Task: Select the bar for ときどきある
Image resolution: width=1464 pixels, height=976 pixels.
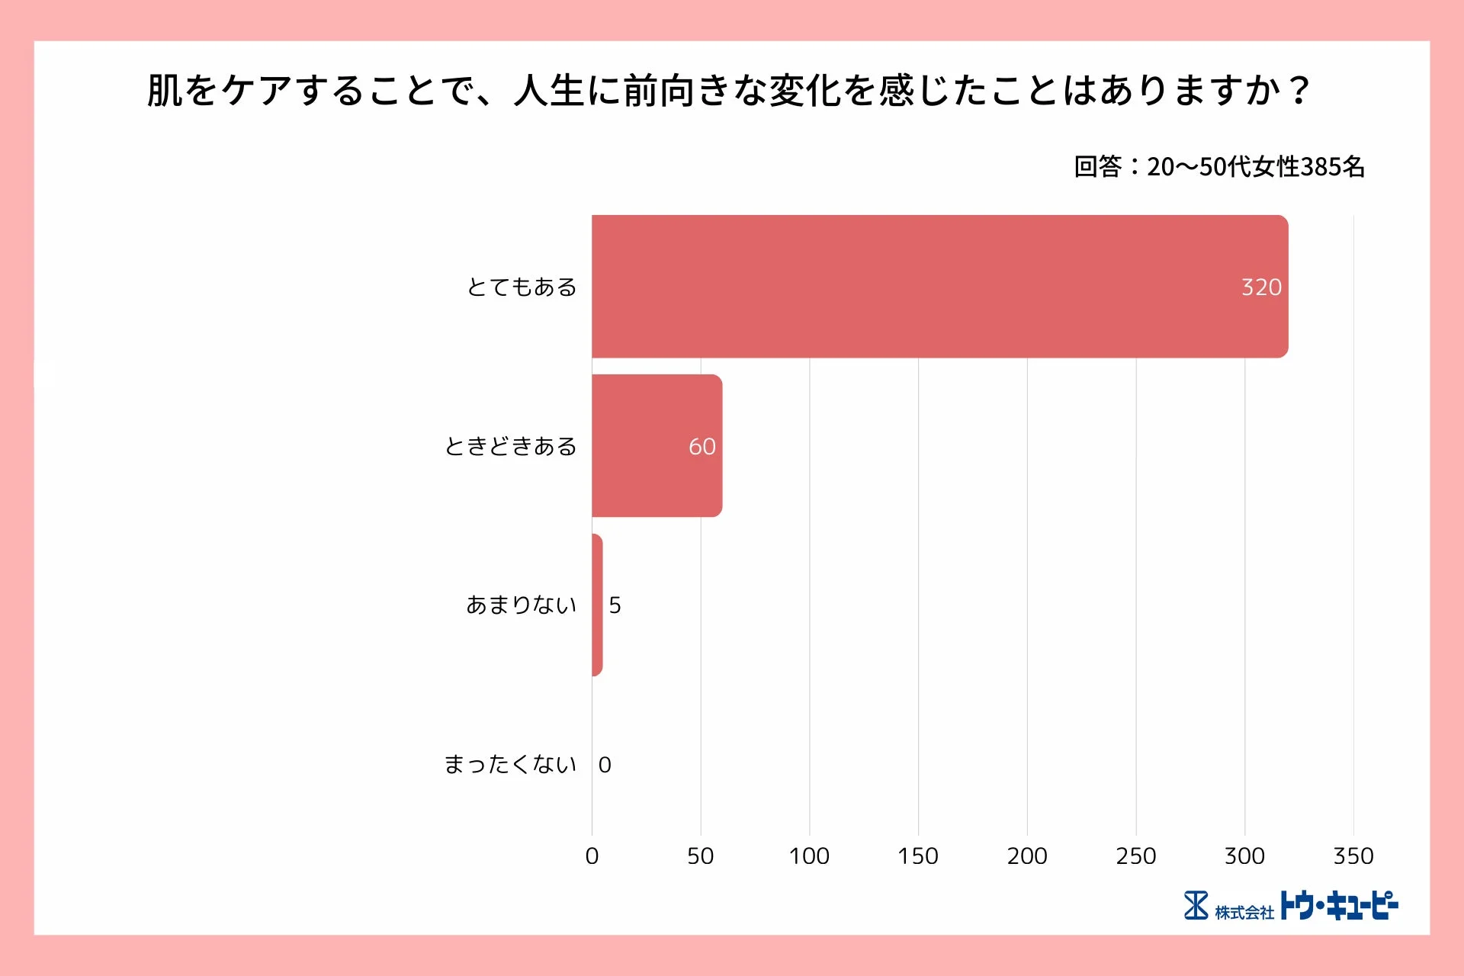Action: click(656, 446)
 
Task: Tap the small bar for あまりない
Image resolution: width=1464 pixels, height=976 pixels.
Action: click(597, 605)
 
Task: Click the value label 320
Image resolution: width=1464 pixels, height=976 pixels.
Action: click(1261, 287)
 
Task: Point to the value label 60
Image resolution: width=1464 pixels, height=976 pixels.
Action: click(701, 447)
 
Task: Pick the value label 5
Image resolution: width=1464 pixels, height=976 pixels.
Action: click(615, 605)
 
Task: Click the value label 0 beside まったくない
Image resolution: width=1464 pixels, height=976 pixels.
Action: click(605, 765)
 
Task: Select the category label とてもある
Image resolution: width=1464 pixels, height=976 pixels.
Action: click(522, 287)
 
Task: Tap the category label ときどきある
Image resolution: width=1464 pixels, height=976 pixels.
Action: click(510, 447)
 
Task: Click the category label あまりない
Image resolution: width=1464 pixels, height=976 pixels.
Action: click(522, 605)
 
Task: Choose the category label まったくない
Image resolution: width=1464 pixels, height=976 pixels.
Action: click(510, 764)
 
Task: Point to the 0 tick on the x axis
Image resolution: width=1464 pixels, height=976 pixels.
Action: click(592, 856)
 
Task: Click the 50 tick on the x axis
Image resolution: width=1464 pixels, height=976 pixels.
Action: click(700, 856)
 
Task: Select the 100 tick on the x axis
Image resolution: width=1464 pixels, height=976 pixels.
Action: click(809, 856)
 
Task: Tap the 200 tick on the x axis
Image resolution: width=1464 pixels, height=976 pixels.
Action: click(1026, 856)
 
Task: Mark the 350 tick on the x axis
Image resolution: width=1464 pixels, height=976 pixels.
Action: click(1353, 856)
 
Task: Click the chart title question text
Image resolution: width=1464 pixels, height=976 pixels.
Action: click(728, 90)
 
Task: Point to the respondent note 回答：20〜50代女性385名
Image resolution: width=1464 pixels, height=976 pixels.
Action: click(1218, 166)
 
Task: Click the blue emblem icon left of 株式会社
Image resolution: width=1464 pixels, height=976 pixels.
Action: click(1196, 906)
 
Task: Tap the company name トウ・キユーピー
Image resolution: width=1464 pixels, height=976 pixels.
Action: click(1338, 906)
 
